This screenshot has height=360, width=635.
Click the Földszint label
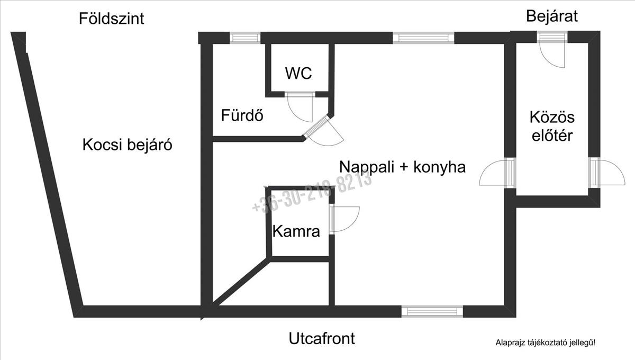coord(111,19)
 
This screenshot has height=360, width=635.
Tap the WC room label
coord(298,74)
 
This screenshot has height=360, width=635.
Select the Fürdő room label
coord(242,115)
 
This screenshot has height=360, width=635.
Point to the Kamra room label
coord(296,231)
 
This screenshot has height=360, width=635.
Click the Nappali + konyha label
coord(402,167)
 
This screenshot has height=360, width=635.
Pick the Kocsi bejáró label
coord(128,145)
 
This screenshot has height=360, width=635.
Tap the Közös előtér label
coord(552,126)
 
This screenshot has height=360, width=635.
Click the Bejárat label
coord(551,16)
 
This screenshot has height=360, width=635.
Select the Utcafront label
coord(322,338)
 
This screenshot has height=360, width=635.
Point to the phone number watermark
coord(312,193)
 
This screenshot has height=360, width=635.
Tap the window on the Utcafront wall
coord(432,311)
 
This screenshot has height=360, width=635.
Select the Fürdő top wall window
coord(245,38)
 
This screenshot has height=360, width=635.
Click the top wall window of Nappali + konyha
coord(423,38)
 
